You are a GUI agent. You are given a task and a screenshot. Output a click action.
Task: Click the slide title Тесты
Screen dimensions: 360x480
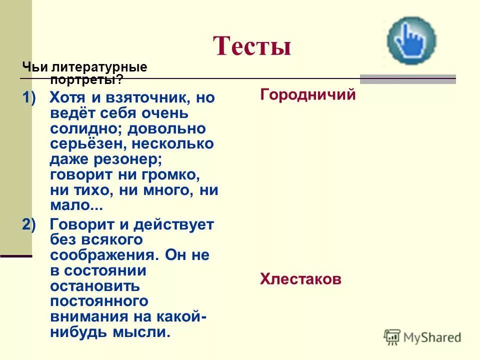252,46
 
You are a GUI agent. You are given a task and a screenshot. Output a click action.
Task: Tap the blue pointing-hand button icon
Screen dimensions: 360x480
411,40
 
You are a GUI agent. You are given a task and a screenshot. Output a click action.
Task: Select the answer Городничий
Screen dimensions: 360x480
307,95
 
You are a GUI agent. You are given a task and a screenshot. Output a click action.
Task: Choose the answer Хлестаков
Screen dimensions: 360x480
300,279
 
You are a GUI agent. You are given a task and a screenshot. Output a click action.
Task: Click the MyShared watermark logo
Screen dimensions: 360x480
422,337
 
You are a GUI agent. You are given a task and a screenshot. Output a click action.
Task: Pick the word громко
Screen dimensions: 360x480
170,175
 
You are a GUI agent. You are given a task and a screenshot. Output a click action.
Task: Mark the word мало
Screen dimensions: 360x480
72,206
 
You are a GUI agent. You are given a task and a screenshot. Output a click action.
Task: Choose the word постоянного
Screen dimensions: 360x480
99,301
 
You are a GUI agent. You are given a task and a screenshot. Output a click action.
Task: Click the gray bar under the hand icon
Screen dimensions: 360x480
408,79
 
